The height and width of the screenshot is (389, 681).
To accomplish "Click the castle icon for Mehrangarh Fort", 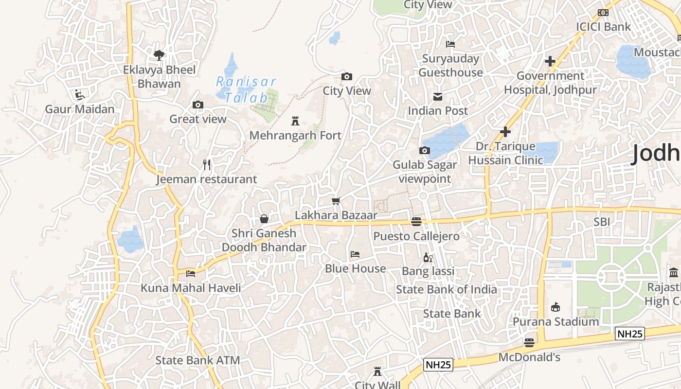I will [x=295, y=121].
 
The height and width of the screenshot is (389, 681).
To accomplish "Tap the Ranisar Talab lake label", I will [x=246, y=89].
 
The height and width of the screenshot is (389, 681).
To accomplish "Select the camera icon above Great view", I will [x=197, y=105].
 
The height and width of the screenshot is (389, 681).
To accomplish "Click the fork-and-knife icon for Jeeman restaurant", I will [x=207, y=165].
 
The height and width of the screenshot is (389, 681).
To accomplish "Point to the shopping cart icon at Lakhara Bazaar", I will [x=336, y=200].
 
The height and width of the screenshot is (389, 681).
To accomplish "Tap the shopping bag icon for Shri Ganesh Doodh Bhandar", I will [x=264, y=219].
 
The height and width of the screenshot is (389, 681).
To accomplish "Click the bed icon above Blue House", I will [x=355, y=254].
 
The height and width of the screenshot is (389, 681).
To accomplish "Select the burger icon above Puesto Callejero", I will [x=416, y=222].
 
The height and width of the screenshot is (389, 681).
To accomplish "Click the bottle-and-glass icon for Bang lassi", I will [x=428, y=257].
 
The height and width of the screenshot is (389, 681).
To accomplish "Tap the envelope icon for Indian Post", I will [x=438, y=96].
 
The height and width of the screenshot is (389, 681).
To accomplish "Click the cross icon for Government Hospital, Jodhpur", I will [x=550, y=61].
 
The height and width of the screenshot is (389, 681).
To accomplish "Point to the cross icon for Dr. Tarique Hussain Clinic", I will [x=505, y=132].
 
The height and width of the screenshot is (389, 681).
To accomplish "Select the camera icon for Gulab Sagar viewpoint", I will [x=425, y=150].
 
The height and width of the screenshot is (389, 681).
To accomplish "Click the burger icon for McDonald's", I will [x=529, y=343].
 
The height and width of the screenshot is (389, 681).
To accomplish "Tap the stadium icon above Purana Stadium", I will [x=555, y=307].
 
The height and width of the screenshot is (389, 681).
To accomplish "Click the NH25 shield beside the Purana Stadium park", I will [x=630, y=334].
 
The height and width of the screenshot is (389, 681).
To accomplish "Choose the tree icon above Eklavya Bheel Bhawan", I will [x=159, y=55].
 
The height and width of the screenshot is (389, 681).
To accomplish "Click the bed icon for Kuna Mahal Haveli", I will [x=191, y=274].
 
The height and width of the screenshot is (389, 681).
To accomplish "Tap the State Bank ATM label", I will [x=197, y=360].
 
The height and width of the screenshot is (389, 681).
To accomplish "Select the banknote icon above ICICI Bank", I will [x=603, y=13].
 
